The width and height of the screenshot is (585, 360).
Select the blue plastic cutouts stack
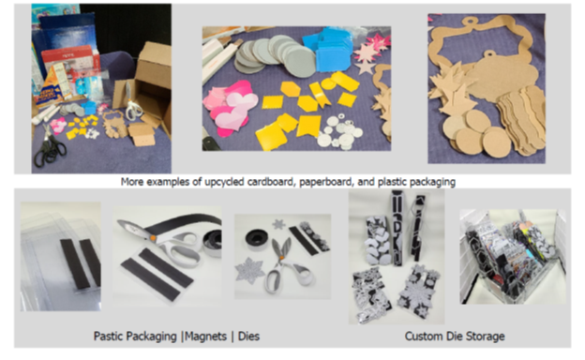coord(328,50)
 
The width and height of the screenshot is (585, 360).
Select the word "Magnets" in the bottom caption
coord(205,337)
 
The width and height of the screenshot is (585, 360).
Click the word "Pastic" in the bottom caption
coord(108,337)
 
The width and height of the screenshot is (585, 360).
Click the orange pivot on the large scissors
coord(153,237)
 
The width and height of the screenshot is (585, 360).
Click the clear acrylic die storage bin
coord(512,258)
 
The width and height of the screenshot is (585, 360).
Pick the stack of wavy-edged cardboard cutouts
coord(522,119)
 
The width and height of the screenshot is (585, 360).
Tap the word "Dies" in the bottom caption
coord(248,337)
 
